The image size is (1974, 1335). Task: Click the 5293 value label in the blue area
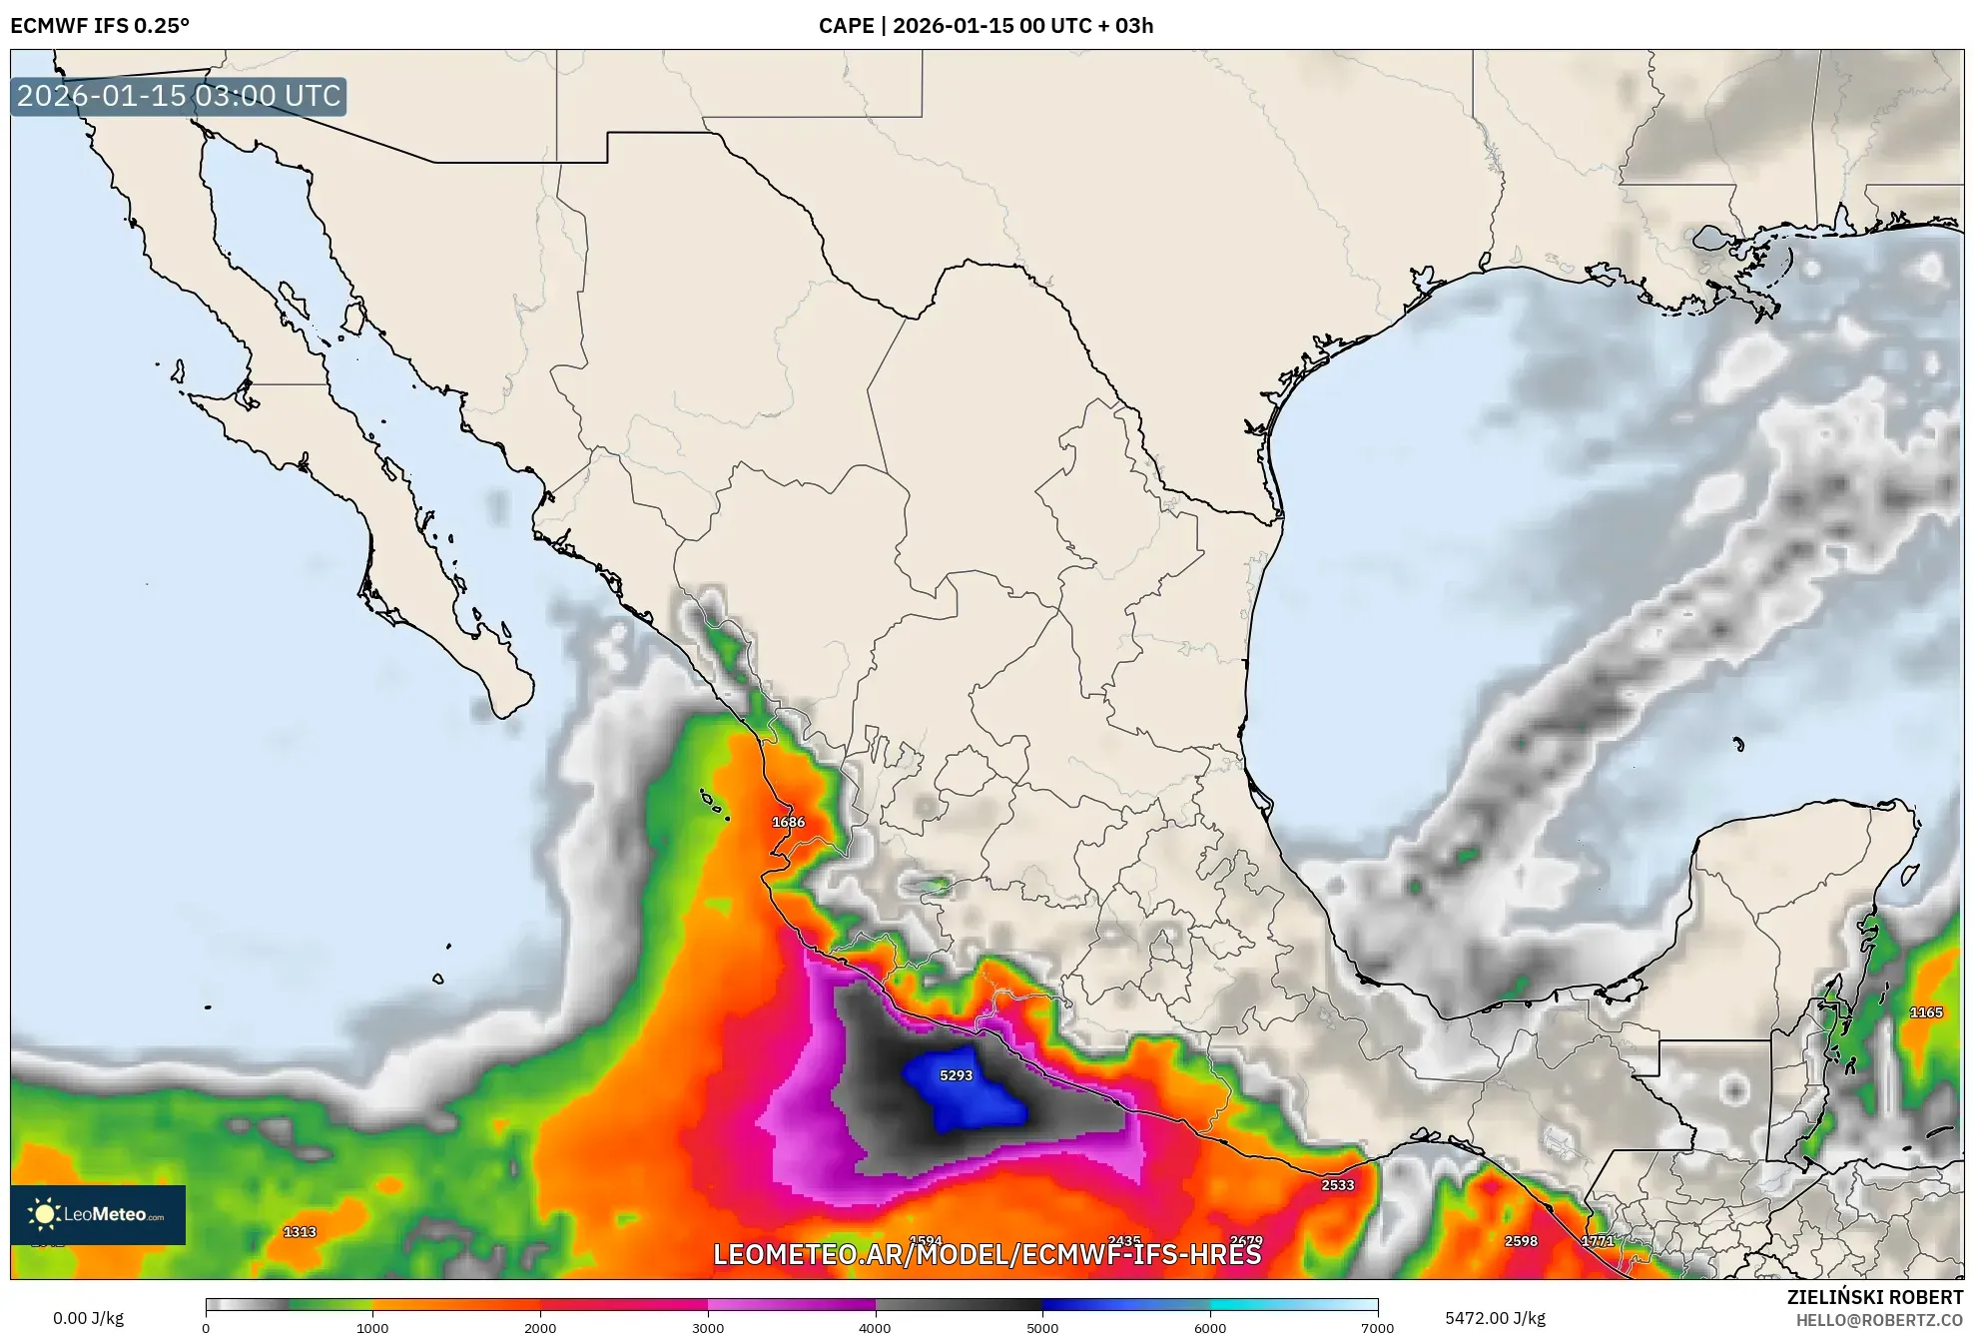tap(956, 1075)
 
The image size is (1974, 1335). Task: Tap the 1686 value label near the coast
tap(788, 822)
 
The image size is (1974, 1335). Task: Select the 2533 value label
tap(1337, 1185)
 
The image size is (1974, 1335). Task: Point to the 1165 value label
tap(1925, 1012)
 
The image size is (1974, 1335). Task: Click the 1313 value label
tap(300, 1232)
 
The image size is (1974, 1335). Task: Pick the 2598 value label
tap(1521, 1241)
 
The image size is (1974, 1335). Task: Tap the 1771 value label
tap(1598, 1241)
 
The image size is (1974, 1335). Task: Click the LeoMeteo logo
tap(98, 1214)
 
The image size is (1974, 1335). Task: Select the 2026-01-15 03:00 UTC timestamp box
tap(179, 96)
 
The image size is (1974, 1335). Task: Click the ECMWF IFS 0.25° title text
tap(100, 26)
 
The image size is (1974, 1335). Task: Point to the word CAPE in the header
tap(846, 26)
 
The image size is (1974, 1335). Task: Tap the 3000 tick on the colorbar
tap(708, 1327)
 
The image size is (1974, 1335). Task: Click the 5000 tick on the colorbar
tap(1042, 1327)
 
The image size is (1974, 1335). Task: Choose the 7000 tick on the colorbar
tap(1377, 1327)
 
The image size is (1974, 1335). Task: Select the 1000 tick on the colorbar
tap(372, 1327)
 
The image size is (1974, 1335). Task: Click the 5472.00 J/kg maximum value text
tap(1495, 1318)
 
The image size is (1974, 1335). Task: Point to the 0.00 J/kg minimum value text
tap(88, 1318)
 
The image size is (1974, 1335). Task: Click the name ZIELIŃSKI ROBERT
tap(1874, 1297)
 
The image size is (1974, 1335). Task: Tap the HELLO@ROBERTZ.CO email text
tap(1879, 1320)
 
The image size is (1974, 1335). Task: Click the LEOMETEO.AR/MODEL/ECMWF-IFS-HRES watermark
tap(987, 1254)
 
